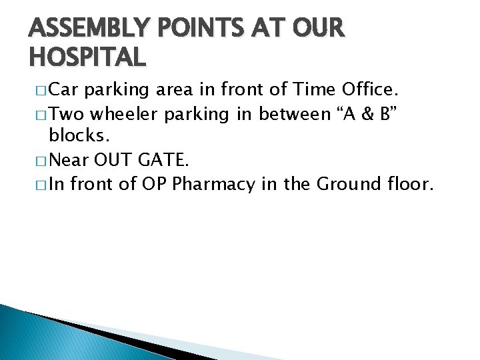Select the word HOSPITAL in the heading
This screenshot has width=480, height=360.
click(x=87, y=57)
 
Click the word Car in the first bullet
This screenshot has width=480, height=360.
click(x=65, y=89)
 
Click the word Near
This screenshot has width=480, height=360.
click(x=70, y=160)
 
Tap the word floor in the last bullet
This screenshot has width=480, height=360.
click(x=409, y=183)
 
